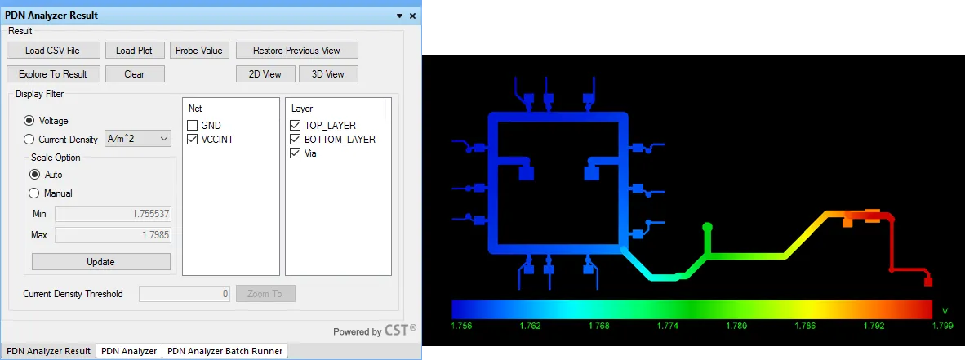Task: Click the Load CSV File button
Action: (x=52, y=51)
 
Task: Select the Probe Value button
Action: (x=198, y=51)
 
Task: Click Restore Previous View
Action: (x=296, y=51)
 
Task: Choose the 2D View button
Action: (x=265, y=73)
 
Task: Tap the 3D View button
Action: (x=328, y=73)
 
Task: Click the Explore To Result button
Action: (x=52, y=73)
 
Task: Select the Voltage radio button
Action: (x=29, y=121)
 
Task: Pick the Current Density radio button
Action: (x=29, y=139)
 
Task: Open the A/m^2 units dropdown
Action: (x=138, y=139)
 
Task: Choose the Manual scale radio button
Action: (x=34, y=193)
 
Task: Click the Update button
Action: (x=101, y=261)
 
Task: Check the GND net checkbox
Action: (x=192, y=126)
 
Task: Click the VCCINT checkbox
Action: (x=192, y=140)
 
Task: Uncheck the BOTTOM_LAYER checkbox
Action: (x=295, y=140)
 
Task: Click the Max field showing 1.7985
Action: (x=113, y=235)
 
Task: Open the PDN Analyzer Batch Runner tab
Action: (x=225, y=351)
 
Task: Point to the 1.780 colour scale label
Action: (x=736, y=326)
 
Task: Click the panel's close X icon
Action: (x=412, y=16)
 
